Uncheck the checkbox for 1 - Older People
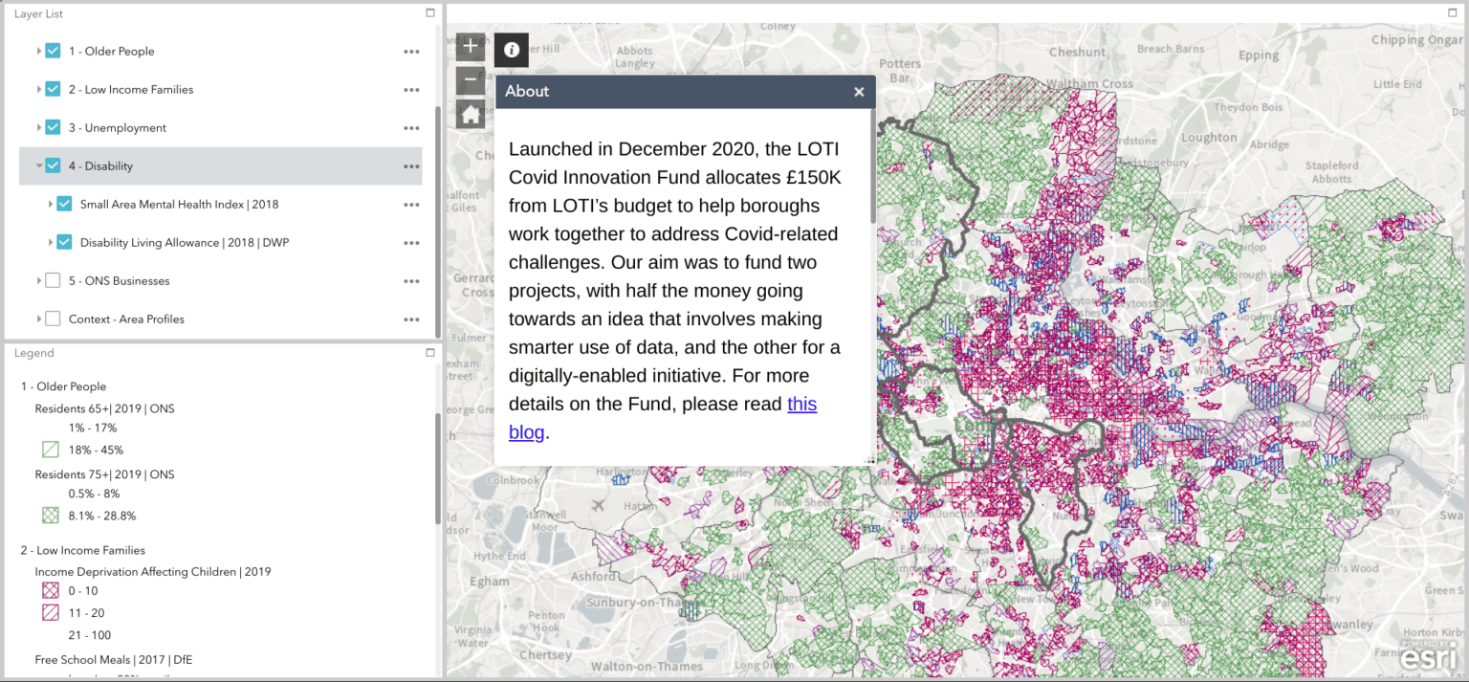[53, 51]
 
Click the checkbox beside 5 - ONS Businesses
[53, 280]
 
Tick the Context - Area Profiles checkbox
[53, 319]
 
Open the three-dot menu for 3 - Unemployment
[411, 128]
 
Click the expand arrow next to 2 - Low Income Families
[39, 89]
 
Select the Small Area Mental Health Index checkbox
[64, 204]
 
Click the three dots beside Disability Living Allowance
[411, 243]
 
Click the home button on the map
[470, 115]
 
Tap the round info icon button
[512, 50]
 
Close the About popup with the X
[859, 92]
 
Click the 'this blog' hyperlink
[800, 405]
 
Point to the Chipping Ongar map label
[1416, 40]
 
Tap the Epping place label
[1259, 55]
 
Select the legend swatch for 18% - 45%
[51, 450]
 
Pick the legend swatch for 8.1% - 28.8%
[51, 516]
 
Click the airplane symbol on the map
[599, 504]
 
